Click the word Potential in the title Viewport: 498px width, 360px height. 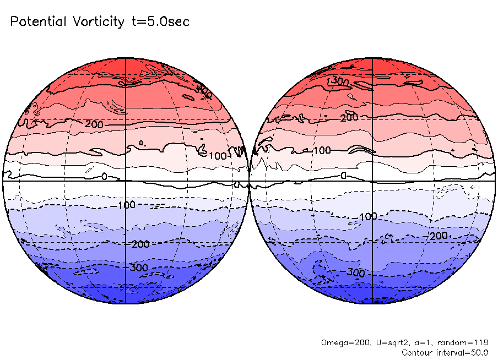38,22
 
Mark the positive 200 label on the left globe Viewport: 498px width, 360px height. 94,124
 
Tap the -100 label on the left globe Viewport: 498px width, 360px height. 126,205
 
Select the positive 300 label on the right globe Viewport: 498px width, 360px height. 340,81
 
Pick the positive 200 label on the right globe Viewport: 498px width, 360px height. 349,117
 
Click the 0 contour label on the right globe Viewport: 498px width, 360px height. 343,176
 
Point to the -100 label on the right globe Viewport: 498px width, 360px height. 366,216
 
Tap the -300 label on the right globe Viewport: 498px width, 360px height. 355,273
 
